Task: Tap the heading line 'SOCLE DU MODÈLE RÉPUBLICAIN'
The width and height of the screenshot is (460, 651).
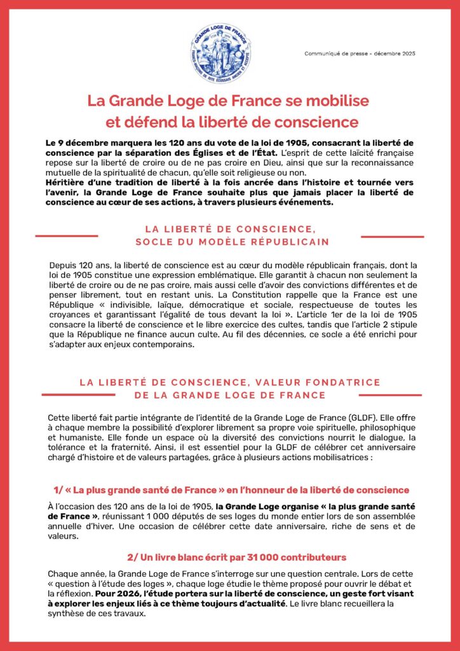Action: [232, 242]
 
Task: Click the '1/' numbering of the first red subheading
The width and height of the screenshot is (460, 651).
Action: [58, 490]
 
